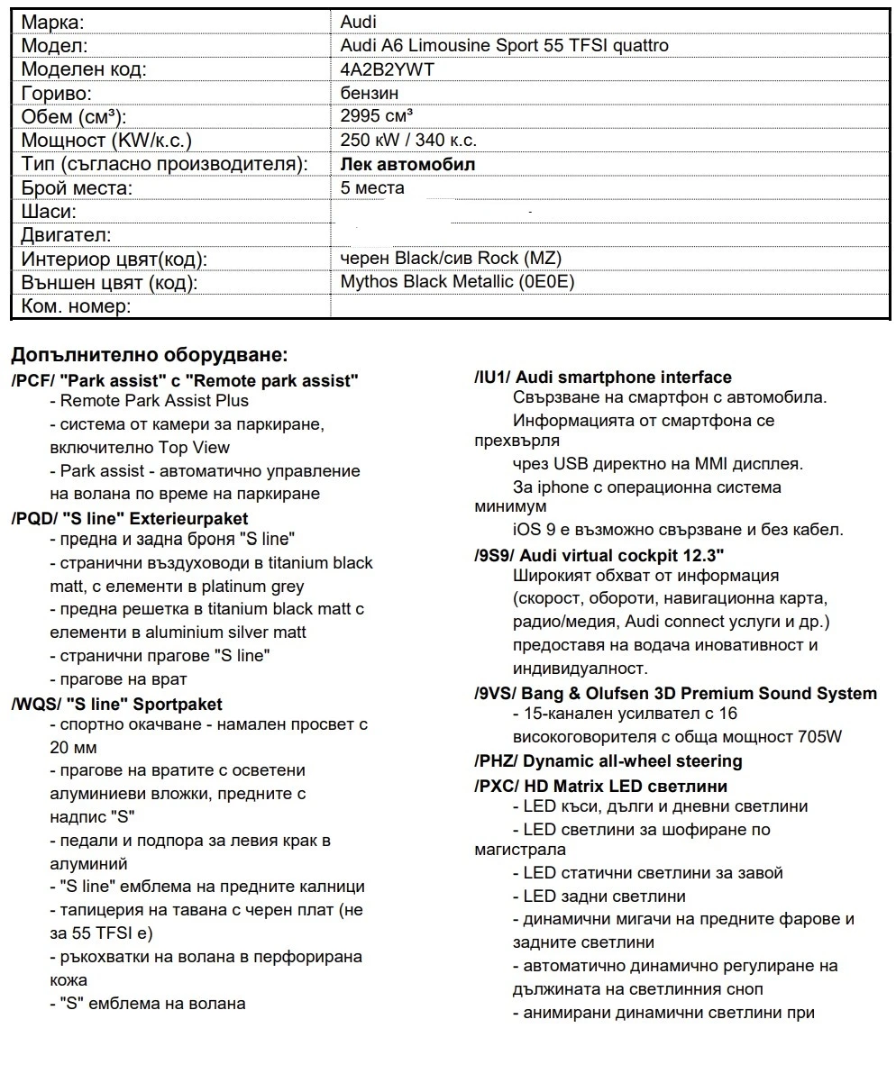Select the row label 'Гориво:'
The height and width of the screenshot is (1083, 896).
click(58, 93)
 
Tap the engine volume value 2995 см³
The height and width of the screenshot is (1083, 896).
click(377, 116)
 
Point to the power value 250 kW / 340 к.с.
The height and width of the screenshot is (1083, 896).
click(408, 140)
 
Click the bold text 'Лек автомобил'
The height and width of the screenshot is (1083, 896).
click(407, 164)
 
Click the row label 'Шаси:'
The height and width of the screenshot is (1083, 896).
click(49, 212)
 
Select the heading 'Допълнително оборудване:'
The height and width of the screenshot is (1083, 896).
click(150, 354)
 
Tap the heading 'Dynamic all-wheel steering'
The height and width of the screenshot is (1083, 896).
click(633, 761)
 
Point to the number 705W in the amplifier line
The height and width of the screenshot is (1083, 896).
click(819, 736)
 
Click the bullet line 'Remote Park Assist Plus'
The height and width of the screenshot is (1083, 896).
click(153, 401)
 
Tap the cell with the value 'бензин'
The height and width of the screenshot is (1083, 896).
click(370, 93)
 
